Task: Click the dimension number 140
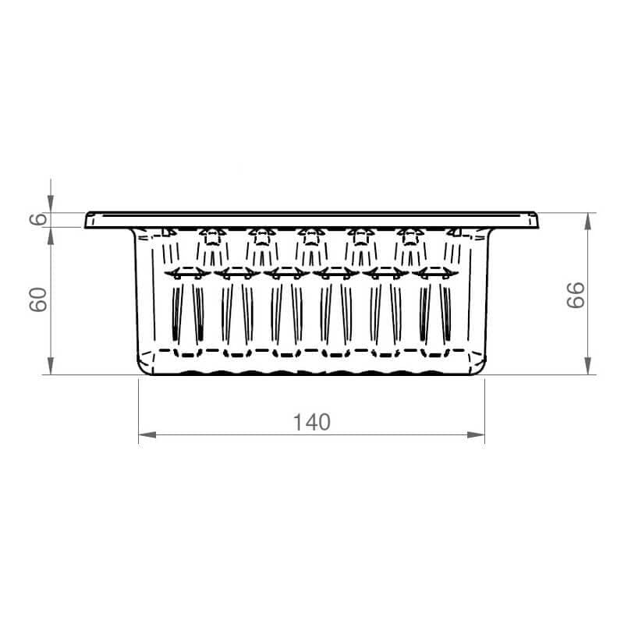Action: click(x=311, y=422)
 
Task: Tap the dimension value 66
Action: click(x=576, y=295)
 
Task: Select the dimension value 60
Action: click(x=38, y=300)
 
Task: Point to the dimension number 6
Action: click(x=38, y=219)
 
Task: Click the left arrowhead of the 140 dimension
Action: click(x=147, y=435)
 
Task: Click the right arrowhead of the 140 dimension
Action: click(x=476, y=435)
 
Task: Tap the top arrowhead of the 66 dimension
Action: click(x=588, y=222)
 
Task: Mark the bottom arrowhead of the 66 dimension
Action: click(x=588, y=366)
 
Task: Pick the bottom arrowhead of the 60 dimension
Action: click(x=51, y=366)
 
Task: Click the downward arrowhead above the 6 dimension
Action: click(x=51, y=204)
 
